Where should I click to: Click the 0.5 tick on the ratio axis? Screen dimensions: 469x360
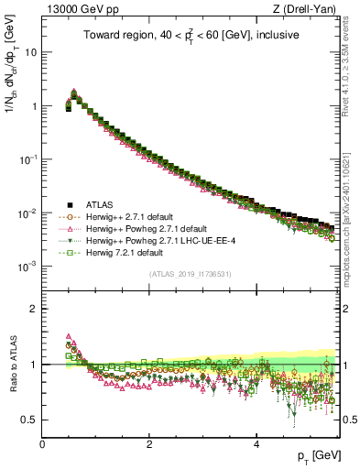(x=29, y=420)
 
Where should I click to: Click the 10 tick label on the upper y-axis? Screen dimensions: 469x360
(x=31, y=52)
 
